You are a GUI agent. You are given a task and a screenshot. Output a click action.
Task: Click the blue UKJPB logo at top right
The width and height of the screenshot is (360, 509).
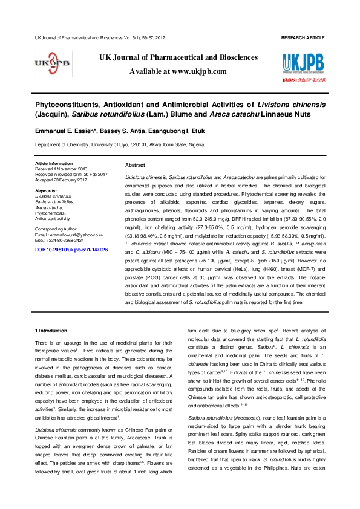pos(304,63)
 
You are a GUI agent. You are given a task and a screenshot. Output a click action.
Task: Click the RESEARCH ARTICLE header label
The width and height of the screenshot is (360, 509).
pos(303,38)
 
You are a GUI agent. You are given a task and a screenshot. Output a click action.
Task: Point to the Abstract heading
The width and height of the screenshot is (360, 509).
pos(134,166)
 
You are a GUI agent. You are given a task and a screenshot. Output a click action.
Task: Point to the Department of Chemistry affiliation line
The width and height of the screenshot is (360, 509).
pos(119,145)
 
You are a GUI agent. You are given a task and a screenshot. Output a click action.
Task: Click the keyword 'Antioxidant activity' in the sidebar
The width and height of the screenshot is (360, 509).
pos(52,218)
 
